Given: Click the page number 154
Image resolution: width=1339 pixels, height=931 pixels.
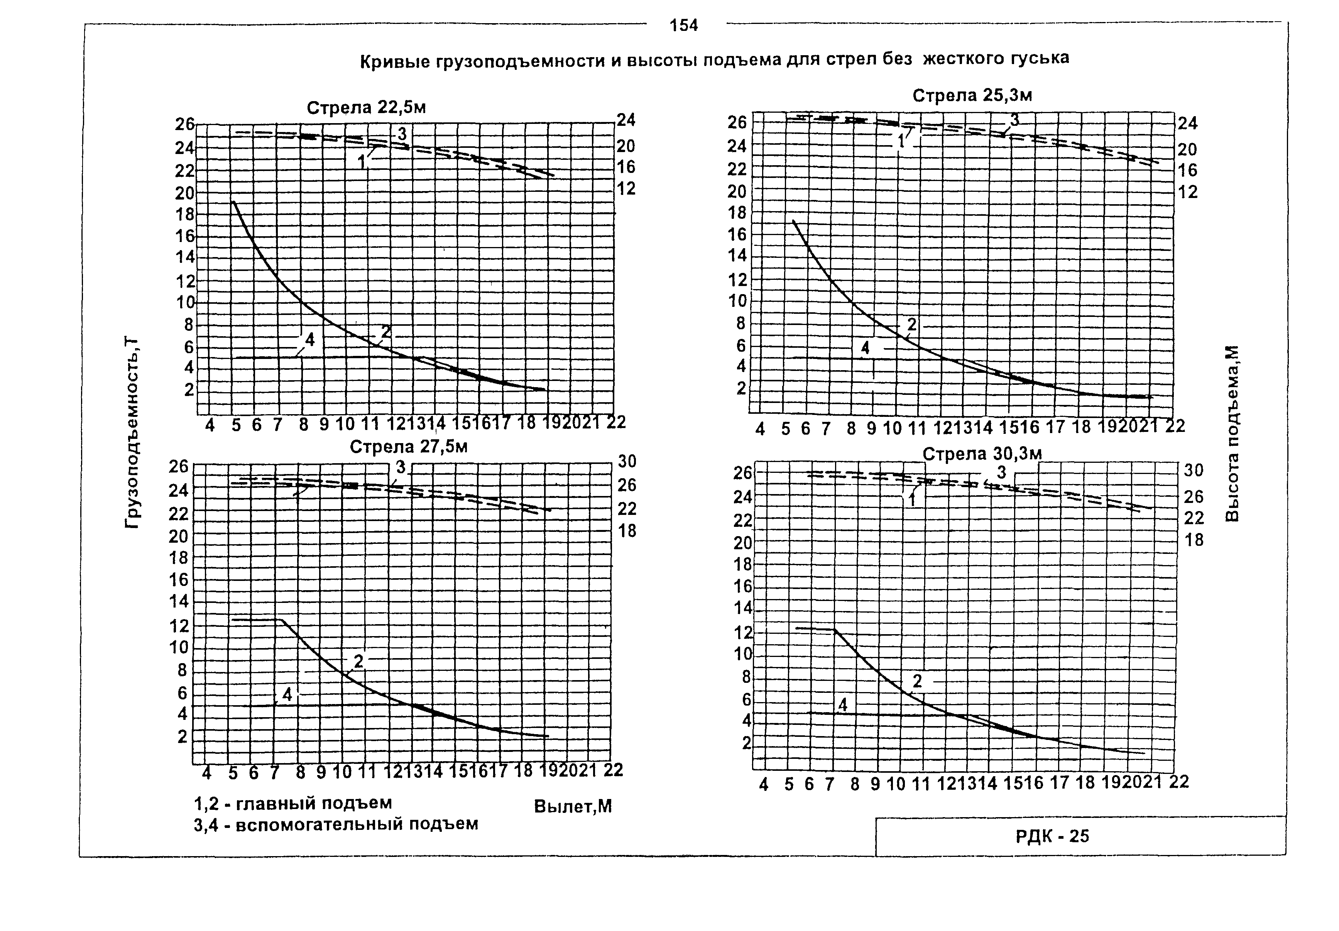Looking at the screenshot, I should tap(683, 25).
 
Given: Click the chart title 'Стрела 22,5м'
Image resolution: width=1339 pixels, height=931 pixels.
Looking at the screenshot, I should tap(366, 108).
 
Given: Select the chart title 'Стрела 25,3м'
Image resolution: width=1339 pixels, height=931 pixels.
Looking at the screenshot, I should tap(972, 95).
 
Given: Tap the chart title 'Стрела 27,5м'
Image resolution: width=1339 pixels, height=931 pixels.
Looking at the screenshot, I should tap(408, 447).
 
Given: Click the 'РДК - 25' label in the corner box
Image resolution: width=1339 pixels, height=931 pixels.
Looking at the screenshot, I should tap(1052, 836).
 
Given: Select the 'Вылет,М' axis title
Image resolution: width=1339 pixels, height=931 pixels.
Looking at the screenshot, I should tap(573, 807).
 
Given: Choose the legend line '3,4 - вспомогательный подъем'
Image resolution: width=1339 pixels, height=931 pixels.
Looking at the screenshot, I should tap(336, 824).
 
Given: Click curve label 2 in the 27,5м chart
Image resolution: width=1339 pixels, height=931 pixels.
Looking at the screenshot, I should tap(358, 661).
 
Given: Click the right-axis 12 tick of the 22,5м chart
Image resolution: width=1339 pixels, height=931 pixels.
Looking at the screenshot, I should tap(626, 188).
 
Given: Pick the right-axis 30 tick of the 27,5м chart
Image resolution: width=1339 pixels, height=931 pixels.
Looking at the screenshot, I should tap(627, 461).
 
